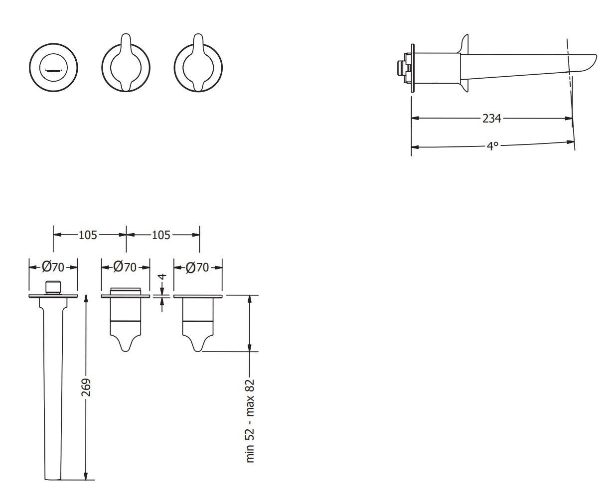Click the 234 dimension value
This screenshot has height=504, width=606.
[491, 119]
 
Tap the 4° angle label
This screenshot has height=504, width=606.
[492, 146]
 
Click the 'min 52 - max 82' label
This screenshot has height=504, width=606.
[250, 421]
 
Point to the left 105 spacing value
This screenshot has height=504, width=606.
[88, 235]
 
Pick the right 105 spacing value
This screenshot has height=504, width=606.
[161, 235]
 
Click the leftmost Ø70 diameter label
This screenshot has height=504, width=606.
[53, 267]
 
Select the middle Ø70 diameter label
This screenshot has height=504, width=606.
[125, 267]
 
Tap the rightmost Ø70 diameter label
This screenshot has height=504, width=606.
[197, 267]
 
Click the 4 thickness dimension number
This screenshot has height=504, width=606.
[163, 276]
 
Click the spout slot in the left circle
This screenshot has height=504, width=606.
[54, 70]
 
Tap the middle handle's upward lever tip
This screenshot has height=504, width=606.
[126, 35]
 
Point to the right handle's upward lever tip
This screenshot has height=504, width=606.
[198, 35]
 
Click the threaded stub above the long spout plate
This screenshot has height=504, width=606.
[53, 287]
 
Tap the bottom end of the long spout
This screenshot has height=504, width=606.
[53, 480]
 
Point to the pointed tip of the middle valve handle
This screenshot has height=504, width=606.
[126, 351]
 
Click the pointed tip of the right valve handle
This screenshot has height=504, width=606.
[198, 351]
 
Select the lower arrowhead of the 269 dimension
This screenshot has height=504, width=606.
[86, 476]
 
